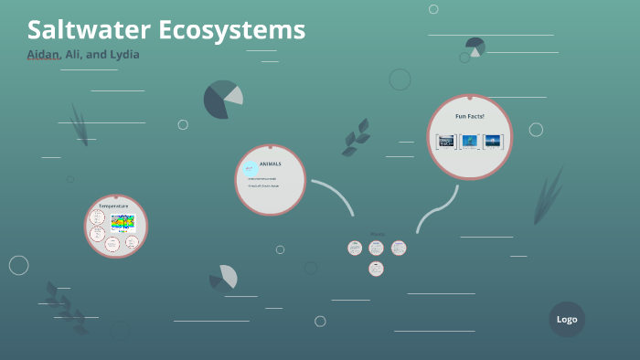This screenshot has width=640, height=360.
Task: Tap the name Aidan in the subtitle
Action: pos(43,55)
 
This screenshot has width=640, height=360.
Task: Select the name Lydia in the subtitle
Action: pos(124,55)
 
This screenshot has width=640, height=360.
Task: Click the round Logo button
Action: pos(567,320)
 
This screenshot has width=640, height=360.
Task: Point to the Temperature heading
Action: pos(114,206)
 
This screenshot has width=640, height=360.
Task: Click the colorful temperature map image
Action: pos(123,221)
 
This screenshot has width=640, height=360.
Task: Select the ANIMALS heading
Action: pos(271,164)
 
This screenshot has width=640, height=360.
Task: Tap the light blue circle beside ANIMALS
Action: pos(250,168)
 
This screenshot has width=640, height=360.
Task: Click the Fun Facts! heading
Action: pos(470,116)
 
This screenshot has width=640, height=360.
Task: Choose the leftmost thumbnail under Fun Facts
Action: pos(446,141)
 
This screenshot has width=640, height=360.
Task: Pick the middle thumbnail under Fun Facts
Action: pos(470,141)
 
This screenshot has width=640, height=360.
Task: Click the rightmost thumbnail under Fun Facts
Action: pos(493,141)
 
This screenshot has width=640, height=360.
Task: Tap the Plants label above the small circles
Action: pos(377,235)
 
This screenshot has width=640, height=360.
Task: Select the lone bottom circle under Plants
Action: pos(376,269)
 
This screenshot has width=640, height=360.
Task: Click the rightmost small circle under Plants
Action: pos(399,248)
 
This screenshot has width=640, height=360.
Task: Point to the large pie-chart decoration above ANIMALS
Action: pos(222,100)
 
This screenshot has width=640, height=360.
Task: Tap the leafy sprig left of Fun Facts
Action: pos(356,137)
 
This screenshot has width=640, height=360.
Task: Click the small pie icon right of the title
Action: pos(475,47)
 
